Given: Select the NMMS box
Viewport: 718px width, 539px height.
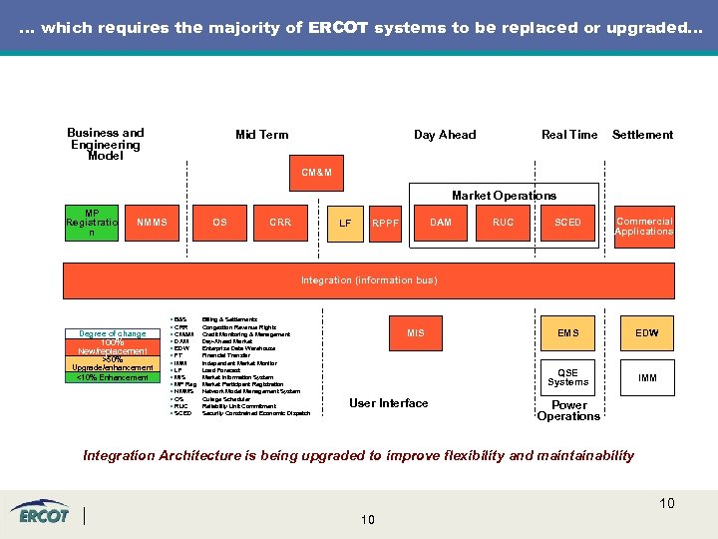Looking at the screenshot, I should point(152,223).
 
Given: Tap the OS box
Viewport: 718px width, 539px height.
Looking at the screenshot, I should point(219,223).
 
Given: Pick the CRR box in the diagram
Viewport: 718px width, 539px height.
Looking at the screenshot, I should point(280,223).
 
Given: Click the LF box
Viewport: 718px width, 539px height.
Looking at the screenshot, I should point(345,224).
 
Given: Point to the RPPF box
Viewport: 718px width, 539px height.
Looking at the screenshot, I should point(385,224).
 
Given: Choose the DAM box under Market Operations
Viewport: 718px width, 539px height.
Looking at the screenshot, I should point(440,223).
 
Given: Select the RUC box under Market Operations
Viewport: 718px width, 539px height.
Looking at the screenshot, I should point(504,223).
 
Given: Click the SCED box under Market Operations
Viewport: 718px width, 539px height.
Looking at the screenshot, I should point(567,223).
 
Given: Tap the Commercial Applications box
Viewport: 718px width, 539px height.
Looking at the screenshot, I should point(643,227).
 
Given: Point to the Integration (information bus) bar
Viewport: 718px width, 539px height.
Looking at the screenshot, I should point(369,280).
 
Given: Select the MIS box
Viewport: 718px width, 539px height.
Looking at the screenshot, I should point(416,332).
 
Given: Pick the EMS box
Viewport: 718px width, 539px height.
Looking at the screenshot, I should point(567,332).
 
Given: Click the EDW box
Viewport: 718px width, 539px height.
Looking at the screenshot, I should point(647,332).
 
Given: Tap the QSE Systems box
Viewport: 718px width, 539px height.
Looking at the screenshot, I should point(567,376).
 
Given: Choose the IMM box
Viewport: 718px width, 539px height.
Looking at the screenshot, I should point(647,377).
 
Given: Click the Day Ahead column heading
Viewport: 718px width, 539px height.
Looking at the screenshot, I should point(445,135).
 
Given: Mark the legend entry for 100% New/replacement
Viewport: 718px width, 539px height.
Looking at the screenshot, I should point(112,346).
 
